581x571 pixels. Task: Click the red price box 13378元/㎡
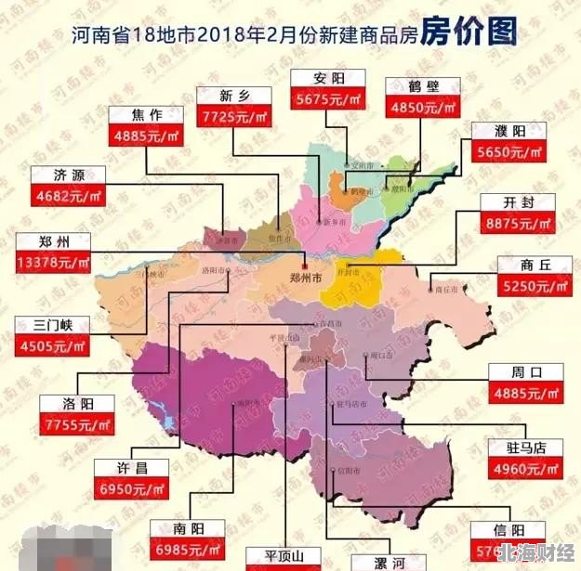point(54,265)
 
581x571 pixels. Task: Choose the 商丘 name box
point(535,266)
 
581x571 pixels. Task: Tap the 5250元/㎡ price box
point(535,287)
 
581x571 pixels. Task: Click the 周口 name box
point(526,372)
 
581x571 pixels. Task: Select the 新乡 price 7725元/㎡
point(233,117)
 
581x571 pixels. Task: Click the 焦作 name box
point(146,116)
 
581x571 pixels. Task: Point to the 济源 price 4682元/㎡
point(67,195)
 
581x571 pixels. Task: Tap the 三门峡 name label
point(52,325)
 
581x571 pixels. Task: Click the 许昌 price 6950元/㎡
point(130,488)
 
